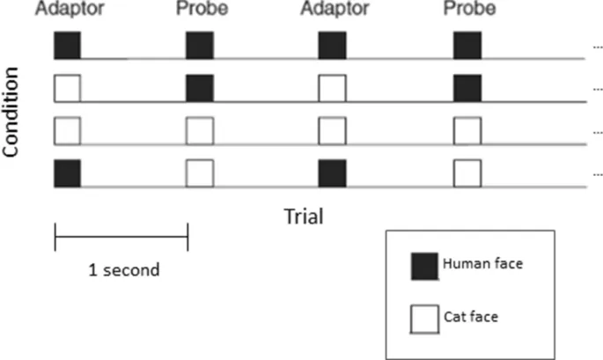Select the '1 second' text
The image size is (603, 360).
[x=123, y=269]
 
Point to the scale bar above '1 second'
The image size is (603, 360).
[x=121, y=236]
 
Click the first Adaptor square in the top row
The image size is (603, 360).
[x=68, y=45]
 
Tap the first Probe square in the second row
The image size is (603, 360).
[x=199, y=88]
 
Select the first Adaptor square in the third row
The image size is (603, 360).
[x=68, y=130]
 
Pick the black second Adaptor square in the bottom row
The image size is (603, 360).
[x=331, y=173]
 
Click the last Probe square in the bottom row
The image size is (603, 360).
[x=467, y=173]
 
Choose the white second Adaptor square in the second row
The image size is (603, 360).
[x=331, y=88]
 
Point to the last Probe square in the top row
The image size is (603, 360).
[x=467, y=45]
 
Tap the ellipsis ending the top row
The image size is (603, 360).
[x=597, y=47]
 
